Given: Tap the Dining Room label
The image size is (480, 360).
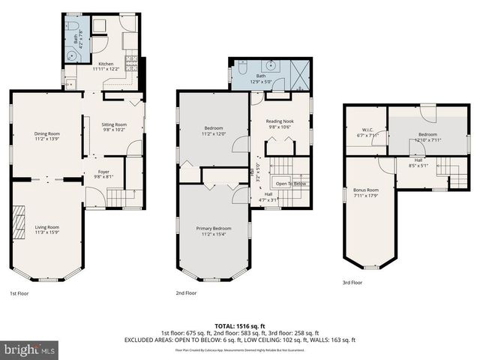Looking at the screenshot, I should (x=46, y=136).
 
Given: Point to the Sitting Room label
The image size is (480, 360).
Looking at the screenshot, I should (x=114, y=127).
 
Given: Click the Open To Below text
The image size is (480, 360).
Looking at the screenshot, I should (x=290, y=184).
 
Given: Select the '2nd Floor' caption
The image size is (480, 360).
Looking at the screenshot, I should (x=186, y=292).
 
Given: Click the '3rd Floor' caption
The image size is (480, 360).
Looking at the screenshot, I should (x=352, y=283).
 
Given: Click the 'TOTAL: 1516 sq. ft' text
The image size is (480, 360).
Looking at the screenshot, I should (x=240, y=326).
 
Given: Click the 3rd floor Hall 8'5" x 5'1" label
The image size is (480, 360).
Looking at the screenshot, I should (x=417, y=163).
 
